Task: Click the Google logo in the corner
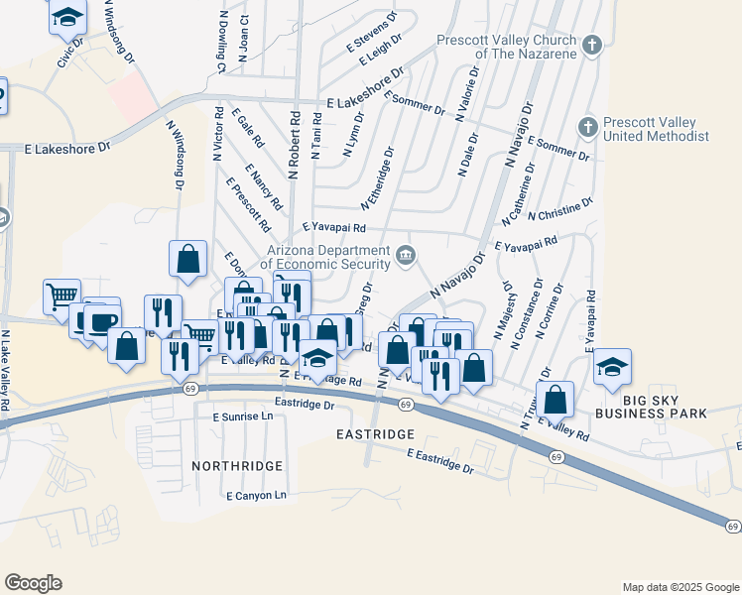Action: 33,583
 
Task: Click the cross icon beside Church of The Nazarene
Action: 591,45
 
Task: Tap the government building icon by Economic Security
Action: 406,256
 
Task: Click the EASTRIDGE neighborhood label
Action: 373,434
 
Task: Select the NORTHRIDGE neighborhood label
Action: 238,465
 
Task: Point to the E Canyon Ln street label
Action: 256,495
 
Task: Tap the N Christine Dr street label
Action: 560,209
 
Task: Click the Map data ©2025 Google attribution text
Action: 680,587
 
